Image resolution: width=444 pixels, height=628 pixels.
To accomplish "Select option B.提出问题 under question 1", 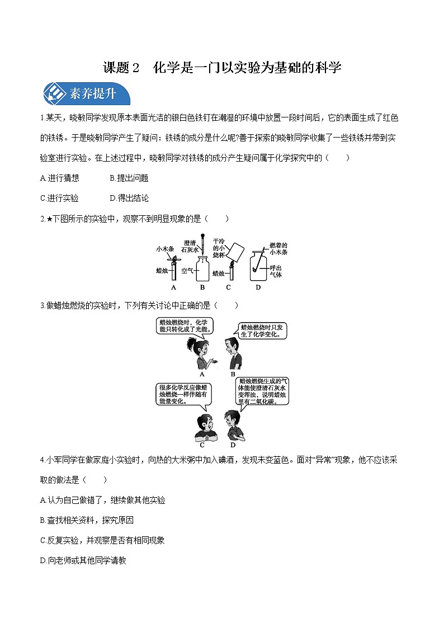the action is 129,178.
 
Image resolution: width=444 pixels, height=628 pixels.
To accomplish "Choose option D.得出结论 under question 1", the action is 129,199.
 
